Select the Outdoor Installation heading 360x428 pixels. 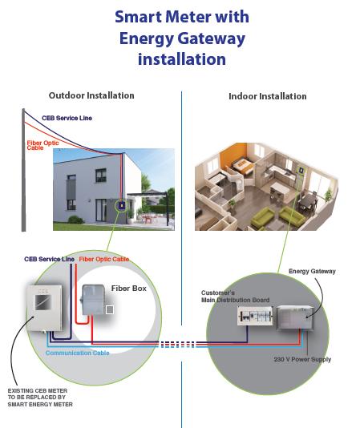tap(91, 95)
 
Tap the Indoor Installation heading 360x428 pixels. tap(268, 96)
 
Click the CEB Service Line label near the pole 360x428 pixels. tap(67, 118)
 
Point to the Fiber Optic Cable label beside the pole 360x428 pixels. tap(42, 145)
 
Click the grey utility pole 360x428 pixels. tap(23, 170)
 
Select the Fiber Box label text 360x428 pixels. tap(128, 289)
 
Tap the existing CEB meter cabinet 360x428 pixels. tap(44, 308)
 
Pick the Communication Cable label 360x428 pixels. tap(78, 353)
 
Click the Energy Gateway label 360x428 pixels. tap(312, 271)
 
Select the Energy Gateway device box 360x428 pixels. tap(295, 318)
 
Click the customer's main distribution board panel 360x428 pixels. tap(255, 316)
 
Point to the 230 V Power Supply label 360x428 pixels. tap(302, 359)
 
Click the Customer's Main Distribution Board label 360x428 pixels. tap(235, 297)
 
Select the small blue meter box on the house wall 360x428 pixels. tap(121, 205)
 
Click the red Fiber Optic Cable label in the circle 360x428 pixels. tap(103, 259)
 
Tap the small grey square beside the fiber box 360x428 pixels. tap(110, 309)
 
